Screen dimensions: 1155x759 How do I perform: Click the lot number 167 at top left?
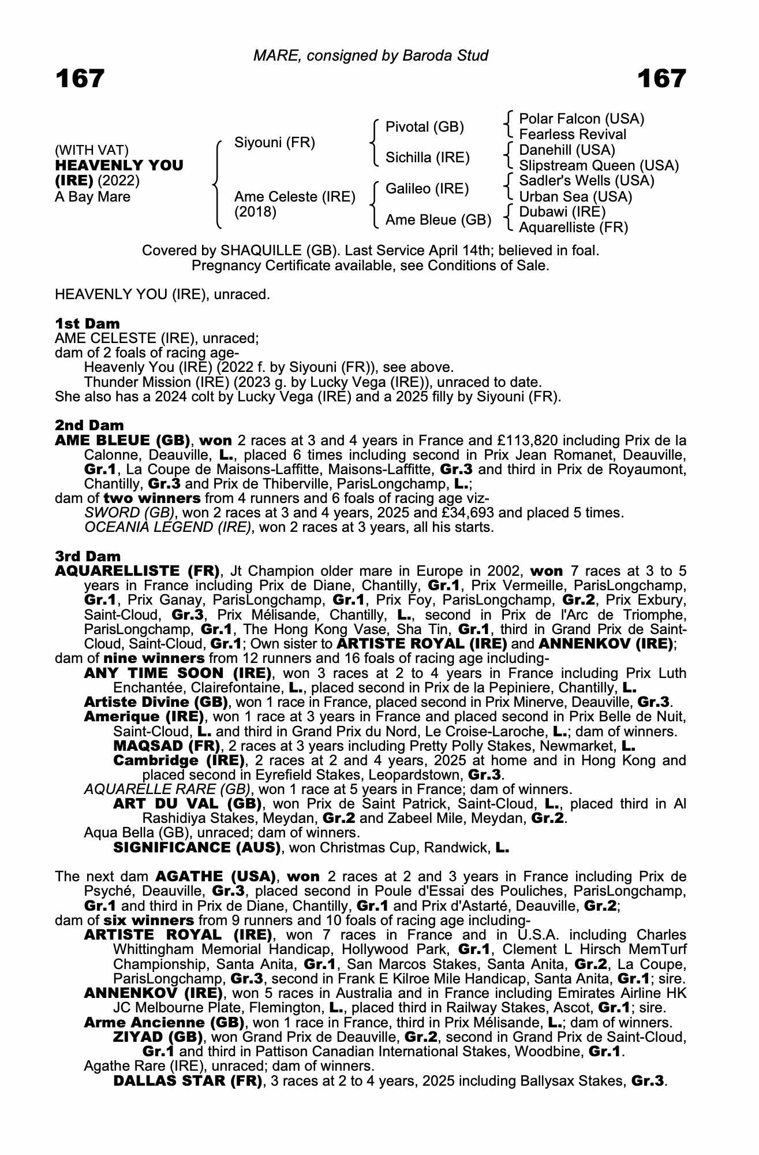80,79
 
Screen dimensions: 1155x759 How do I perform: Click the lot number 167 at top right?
661,79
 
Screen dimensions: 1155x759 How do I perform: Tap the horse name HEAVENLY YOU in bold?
119,165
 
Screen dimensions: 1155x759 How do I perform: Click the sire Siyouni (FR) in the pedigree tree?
275,143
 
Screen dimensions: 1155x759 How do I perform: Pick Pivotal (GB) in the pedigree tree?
425,127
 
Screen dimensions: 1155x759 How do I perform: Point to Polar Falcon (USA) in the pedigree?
582,119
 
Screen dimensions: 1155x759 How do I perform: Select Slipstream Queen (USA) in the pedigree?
599,166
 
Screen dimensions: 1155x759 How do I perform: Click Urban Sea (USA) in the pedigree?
575,197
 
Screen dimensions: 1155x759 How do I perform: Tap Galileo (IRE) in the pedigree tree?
427,189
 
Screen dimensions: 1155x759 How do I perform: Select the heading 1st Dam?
88,323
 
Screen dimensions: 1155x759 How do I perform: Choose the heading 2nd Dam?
89,426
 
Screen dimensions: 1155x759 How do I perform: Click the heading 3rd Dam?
88,556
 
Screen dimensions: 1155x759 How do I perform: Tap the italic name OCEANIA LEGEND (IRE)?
168,527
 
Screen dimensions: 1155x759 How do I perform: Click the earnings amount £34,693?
518,513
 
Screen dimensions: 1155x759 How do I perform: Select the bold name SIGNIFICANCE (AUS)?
197,848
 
